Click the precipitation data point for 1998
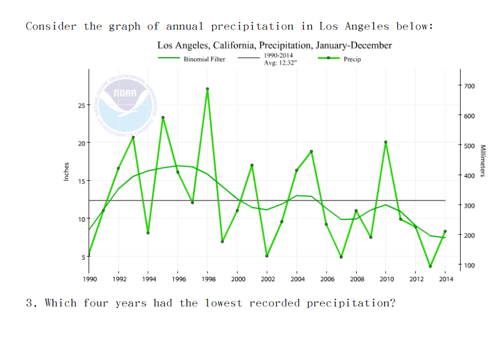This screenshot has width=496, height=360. [208, 89]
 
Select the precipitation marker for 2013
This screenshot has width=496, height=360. [430, 266]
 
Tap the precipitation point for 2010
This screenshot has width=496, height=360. [386, 142]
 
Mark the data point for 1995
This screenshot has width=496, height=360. [163, 117]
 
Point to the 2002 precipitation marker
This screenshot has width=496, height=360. [267, 256]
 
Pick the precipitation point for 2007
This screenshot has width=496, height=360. [341, 257]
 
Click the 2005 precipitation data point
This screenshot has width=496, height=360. [312, 151]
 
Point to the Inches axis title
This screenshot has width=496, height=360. [66, 172]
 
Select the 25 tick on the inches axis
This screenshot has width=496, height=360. [81, 105]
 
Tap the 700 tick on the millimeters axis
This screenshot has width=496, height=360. [468, 86]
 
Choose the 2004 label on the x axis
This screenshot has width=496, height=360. [297, 279]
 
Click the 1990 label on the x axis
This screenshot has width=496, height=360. [89, 279]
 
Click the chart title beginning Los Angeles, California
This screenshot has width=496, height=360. [274, 45]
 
